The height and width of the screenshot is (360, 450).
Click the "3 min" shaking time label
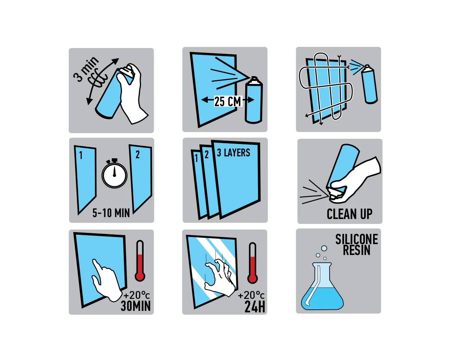pos(86,69)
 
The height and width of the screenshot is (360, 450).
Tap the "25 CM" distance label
pos(228,102)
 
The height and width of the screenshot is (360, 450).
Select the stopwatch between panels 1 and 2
pos(114,173)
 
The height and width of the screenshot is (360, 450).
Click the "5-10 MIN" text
pos(111,213)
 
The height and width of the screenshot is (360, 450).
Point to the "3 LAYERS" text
pos(233,153)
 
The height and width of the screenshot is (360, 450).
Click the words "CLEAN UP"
pos(349,214)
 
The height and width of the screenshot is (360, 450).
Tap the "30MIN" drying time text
pos(136,306)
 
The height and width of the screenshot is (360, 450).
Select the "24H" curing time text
pos(255,307)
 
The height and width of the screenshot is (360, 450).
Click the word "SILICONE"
pos(357,239)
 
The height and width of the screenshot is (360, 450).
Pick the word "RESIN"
pos(357,250)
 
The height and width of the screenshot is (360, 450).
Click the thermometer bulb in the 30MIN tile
pos(140,276)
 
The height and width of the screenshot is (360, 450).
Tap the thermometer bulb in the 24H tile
pos(252,278)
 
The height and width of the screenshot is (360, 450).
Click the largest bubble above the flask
pos(324,249)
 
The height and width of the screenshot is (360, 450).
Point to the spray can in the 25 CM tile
pos(253,100)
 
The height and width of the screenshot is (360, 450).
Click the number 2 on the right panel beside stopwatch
pos(137,154)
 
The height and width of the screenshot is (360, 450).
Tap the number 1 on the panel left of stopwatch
pos(81,155)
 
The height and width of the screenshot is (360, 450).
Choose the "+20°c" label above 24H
pos(251,295)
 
